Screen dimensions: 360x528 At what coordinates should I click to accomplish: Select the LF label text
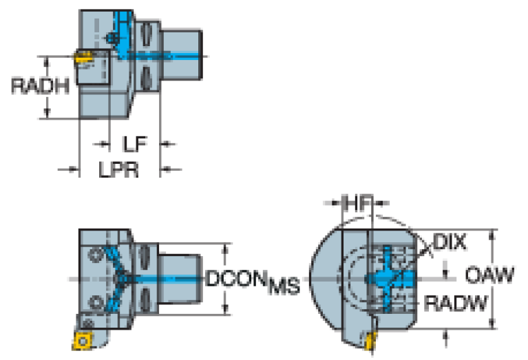coord(134,145)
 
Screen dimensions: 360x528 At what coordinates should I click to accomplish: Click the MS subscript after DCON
coord(284,286)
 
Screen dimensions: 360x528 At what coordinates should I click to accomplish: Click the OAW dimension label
coord(489,275)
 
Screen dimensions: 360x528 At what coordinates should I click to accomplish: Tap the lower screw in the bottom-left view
coord(95,301)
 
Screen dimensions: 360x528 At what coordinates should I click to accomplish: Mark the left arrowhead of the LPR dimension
coord(73,169)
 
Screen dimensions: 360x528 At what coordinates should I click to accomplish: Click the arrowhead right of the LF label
coord(167,145)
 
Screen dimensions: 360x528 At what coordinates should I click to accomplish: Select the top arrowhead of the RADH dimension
coord(47,61)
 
